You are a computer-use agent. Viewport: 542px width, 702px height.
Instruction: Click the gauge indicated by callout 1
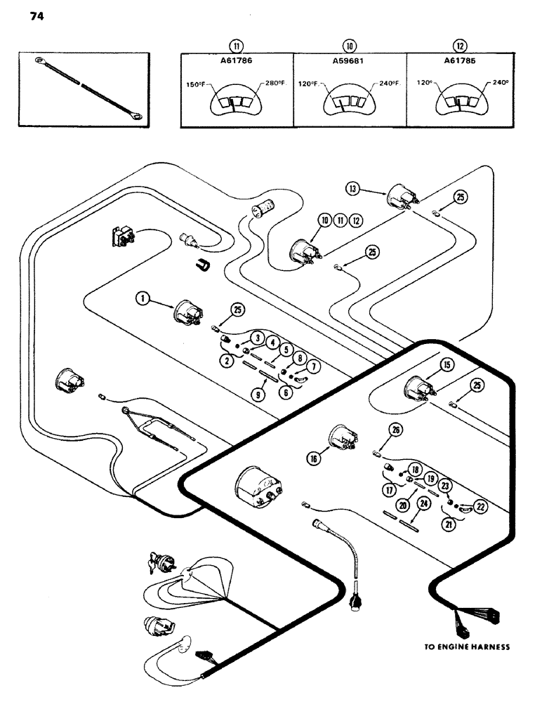coord(187,313)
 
